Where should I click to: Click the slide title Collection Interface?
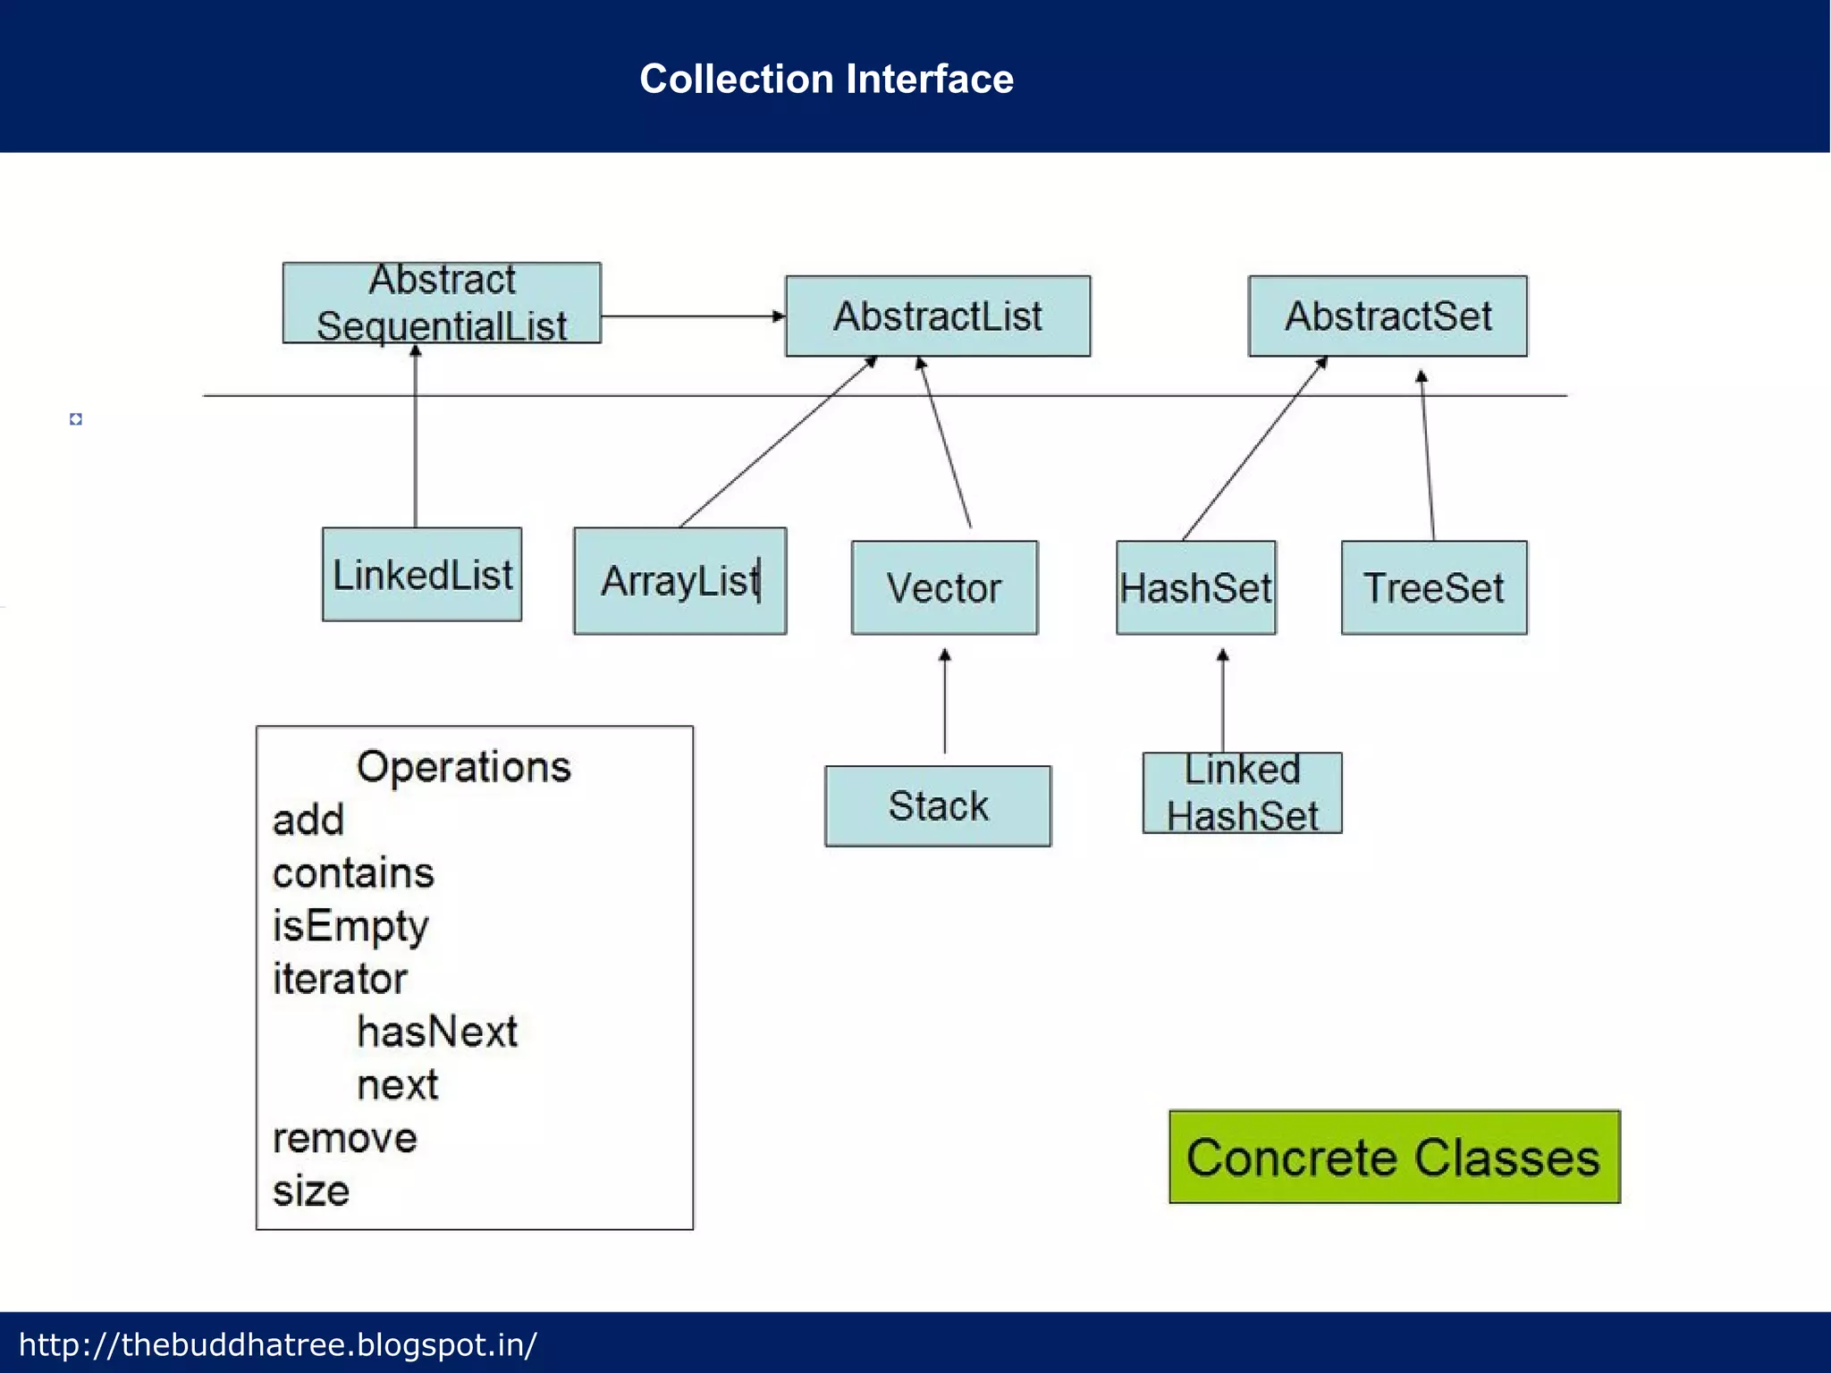[826, 79]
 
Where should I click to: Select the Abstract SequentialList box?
[442, 303]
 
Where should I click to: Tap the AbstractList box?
[938, 316]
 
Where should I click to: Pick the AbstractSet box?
[1388, 316]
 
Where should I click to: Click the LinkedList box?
[422, 575]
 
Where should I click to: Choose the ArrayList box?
[679, 581]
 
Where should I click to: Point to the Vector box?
[944, 588]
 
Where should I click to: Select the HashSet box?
[1195, 588]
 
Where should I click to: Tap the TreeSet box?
[1434, 588]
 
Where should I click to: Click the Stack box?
[938, 806]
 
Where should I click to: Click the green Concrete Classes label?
[1394, 1157]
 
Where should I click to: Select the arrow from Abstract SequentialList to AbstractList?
[692, 316]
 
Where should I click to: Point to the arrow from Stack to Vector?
[945, 702]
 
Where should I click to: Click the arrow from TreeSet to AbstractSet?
[1427, 456]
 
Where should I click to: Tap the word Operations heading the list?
[463, 767]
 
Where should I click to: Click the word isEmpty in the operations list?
[350, 926]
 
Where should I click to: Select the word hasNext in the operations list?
[436, 1032]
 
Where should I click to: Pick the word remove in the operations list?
[345, 1138]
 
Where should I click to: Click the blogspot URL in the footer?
[278, 1344]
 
